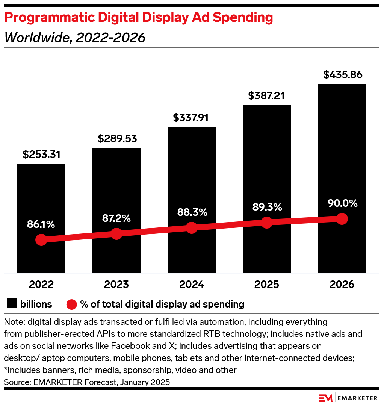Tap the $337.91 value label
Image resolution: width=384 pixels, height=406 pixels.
[x=192, y=118]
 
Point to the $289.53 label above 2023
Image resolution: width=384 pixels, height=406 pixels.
[x=116, y=139]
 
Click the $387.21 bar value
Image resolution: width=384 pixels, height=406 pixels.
[x=266, y=96]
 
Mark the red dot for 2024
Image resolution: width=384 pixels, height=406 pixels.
[x=192, y=228]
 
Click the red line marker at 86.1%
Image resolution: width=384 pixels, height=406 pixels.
[x=41, y=240]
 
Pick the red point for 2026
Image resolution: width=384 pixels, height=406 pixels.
[x=342, y=218]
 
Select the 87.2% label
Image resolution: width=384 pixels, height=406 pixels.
[x=116, y=218]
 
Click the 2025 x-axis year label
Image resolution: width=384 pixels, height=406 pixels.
[x=266, y=284]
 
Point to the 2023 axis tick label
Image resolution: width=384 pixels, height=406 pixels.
[x=116, y=284]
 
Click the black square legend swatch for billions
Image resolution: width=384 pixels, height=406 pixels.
[x=12, y=304]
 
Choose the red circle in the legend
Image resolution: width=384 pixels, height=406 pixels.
[x=71, y=304]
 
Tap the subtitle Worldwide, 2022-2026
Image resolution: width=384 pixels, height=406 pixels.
[x=74, y=38]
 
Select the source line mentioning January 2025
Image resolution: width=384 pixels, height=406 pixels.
[x=87, y=382]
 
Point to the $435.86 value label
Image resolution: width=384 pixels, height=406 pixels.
[x=342, y=75]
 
